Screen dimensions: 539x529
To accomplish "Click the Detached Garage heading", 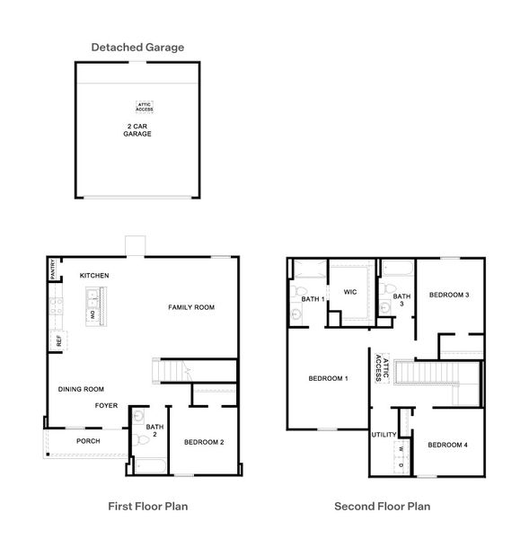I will point(137,47).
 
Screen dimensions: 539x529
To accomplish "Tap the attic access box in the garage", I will point(145,107).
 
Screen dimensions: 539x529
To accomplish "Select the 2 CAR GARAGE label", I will point(137,129).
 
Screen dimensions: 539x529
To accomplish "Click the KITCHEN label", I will point(94,275).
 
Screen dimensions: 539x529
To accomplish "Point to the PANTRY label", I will point(54,269).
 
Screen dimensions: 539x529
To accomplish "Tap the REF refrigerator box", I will point(59,341).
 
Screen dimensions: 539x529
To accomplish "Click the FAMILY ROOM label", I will point(191,308).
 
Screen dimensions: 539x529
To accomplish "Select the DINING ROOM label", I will point(81,390).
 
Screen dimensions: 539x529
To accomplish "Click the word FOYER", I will point(107,405).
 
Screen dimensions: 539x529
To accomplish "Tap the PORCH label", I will point(88,441).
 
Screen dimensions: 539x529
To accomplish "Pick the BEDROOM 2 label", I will point(204,442).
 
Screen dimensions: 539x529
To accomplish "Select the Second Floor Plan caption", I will point(382,507).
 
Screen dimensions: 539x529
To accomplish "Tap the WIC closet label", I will point(351,292).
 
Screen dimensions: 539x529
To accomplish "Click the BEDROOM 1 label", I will point(328,378).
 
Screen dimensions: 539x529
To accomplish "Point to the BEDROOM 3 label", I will point(449,295).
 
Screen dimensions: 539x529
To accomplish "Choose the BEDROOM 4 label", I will point(447,446).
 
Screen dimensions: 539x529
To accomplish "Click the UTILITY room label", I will point(384,435).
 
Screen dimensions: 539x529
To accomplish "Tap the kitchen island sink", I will point(93,296).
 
